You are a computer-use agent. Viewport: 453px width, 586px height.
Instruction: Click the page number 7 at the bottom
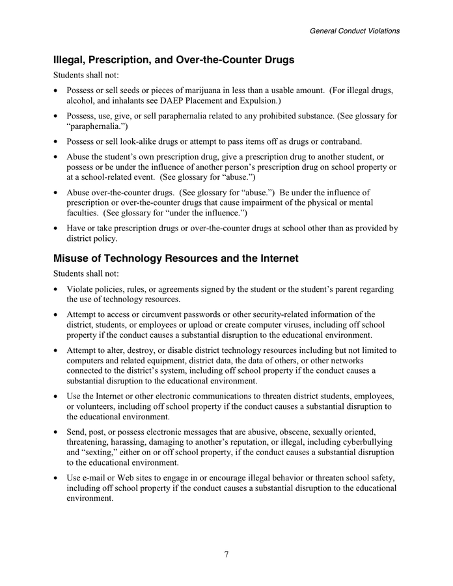coord(226,555)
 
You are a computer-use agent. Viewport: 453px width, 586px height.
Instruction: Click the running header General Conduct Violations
coord(354,31)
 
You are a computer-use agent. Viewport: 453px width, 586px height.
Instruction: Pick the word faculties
coord(84,213)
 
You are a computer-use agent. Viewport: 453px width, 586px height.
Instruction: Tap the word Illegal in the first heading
coord(71,60)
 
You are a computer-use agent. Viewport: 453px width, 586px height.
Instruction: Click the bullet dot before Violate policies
coord(57,289)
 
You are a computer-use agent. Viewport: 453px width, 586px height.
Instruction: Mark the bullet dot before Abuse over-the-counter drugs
coord(57,192)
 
